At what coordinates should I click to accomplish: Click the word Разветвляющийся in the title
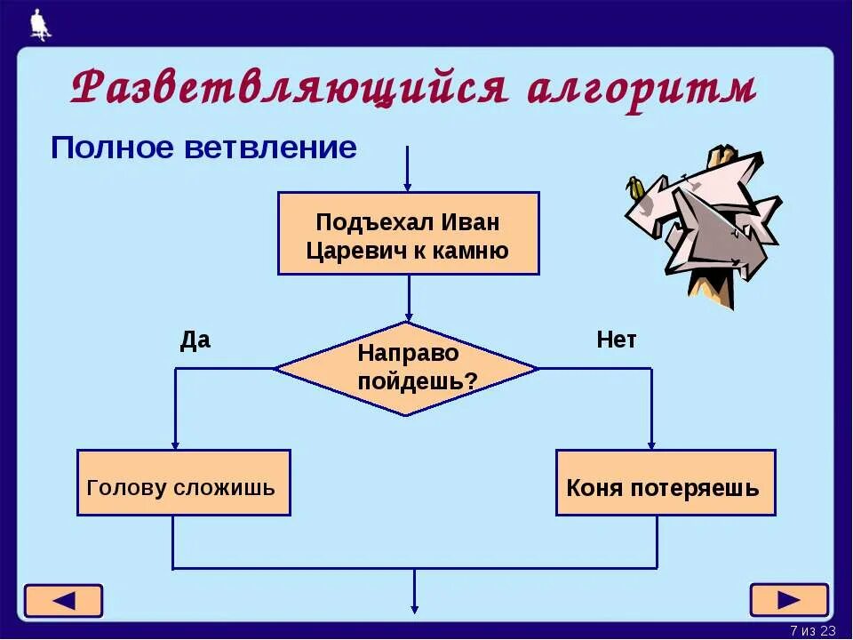tap(289, 89)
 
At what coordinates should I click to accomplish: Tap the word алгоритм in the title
tap(641, 89)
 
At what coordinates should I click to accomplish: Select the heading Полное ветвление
tap(203, 148)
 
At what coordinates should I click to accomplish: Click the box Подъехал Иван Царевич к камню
tap(408, 233)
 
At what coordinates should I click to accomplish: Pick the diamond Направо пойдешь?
tap(406, 368)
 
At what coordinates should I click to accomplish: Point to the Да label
tap(195, 340)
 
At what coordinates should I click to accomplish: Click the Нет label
tap(617, 340)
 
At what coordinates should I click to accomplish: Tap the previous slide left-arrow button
tap(63, 601)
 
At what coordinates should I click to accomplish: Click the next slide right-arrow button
tap(789, 600)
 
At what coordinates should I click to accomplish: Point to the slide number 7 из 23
tap(813, 630)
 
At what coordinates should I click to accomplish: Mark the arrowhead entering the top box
tap(408, 187)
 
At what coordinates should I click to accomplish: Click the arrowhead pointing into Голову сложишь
tap(175, 444)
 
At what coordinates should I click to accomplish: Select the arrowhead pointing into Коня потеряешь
tap(651, 444)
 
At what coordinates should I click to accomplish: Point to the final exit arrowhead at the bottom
tap(414, 608)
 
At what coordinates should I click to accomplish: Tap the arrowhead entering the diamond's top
tap(409, 316)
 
